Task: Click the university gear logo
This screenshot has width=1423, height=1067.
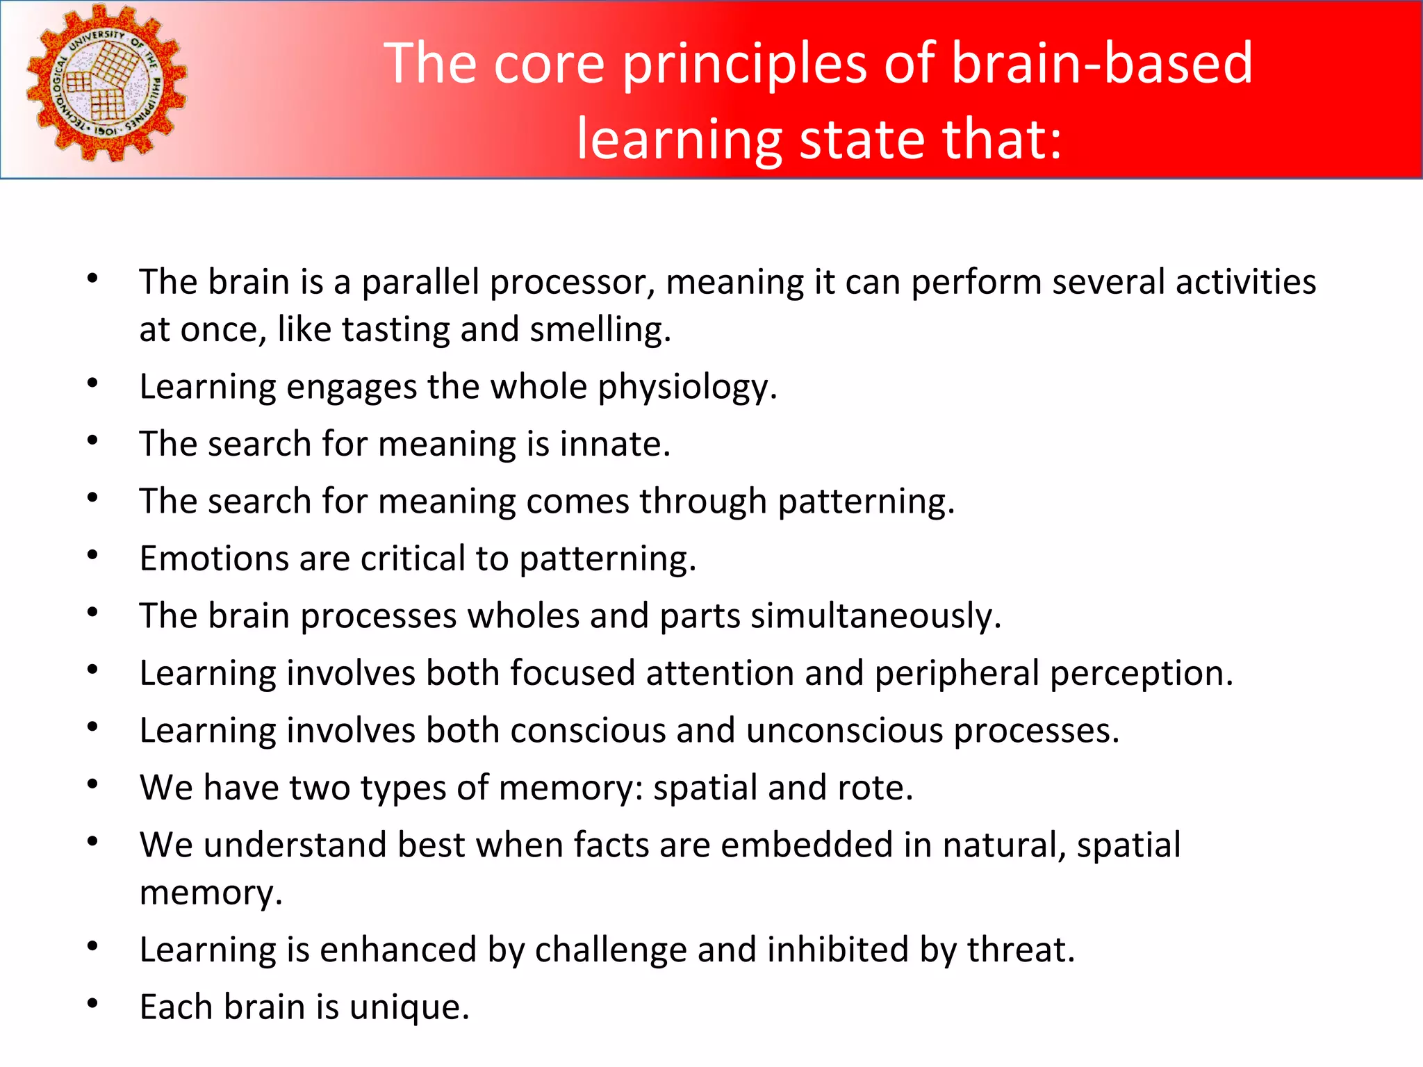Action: pyautogui.click(x=106, y=83)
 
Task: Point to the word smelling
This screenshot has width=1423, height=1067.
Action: pyautogui.click(x=600, y=330)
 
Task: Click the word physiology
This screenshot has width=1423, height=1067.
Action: pyautogui.click(x=686, y=388)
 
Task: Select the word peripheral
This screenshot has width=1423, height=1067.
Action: pyautogui.click(x=957, y=674)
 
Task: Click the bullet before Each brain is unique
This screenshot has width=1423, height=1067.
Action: pyautogui.click(x=92, y=1003)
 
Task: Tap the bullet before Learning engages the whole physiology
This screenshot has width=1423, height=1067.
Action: pyautogui.click(x=92, y=383)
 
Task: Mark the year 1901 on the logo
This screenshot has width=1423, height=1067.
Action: pyautogui.click(x=105, y=131)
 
